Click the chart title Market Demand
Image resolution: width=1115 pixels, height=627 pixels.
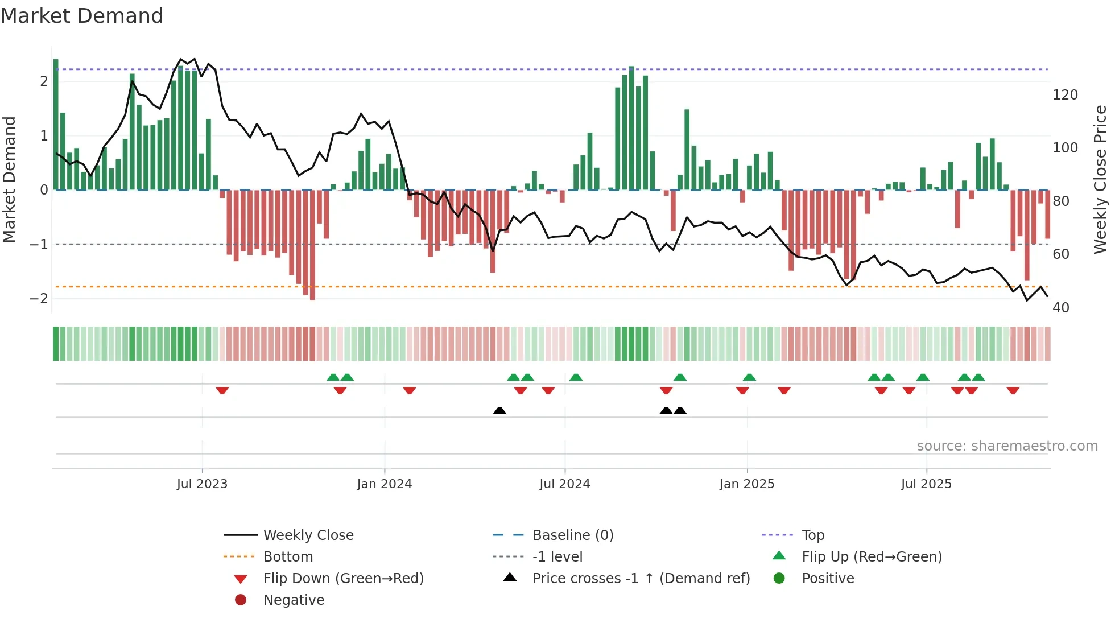(82, 16)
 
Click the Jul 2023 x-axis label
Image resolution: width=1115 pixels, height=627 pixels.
(202, 484)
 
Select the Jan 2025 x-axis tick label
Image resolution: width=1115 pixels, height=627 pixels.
(746, 484)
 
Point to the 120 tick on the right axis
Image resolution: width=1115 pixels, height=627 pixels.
(1065, 95)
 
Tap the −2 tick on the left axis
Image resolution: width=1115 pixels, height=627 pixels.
(39, 299)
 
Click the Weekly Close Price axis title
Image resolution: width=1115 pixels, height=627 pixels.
(1100, 179)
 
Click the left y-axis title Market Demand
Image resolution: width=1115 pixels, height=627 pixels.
(10, 179)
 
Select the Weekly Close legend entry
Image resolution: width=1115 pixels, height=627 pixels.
(308, 535)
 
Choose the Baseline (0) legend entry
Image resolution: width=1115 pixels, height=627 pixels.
(572, 535)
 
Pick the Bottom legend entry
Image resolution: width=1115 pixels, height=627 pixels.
(288, 557)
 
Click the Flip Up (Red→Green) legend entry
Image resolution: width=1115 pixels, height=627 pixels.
(872, 557)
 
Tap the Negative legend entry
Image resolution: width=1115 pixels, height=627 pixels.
(294, 600)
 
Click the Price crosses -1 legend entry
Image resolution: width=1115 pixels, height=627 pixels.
(641, 579)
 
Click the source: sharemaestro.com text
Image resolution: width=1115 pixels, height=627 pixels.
(1007, 446)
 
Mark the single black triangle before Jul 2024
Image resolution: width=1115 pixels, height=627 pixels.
(499, 410)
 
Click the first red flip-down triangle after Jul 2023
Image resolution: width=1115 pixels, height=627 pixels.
(222, 390)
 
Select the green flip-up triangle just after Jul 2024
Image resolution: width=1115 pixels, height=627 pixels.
(576, 377)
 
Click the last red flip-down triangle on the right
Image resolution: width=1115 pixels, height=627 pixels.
(1013, 390)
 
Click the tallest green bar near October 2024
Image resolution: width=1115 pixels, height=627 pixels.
(631, 128)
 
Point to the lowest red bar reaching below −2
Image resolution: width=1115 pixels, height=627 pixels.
(312, 245)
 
